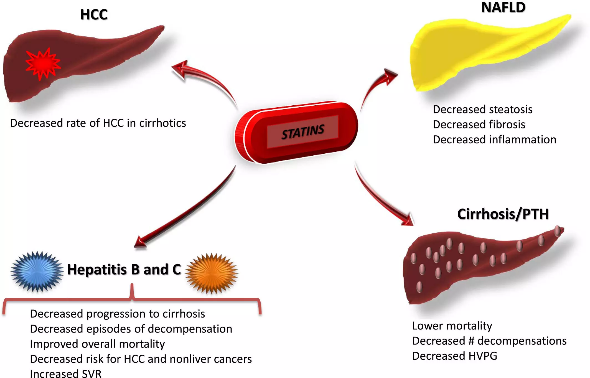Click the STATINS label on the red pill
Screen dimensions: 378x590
pos(303,132)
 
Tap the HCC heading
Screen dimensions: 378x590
pos(94,15)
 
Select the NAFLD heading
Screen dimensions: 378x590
pos(503,7)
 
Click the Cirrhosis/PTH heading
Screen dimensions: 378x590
pos(503,214)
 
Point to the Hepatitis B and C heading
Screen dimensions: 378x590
pos(124,270)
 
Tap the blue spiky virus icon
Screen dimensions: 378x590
pos(37,272)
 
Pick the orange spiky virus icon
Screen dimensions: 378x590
pos(212,273)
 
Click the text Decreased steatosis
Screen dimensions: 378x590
pos(482,110)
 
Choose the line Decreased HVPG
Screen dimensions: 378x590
pos(454,356)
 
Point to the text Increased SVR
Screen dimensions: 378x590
pos(66,374)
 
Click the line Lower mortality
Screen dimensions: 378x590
pos(452,326)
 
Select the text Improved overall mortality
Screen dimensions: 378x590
pos(97,344)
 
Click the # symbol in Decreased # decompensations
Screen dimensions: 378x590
pos(471,341)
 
